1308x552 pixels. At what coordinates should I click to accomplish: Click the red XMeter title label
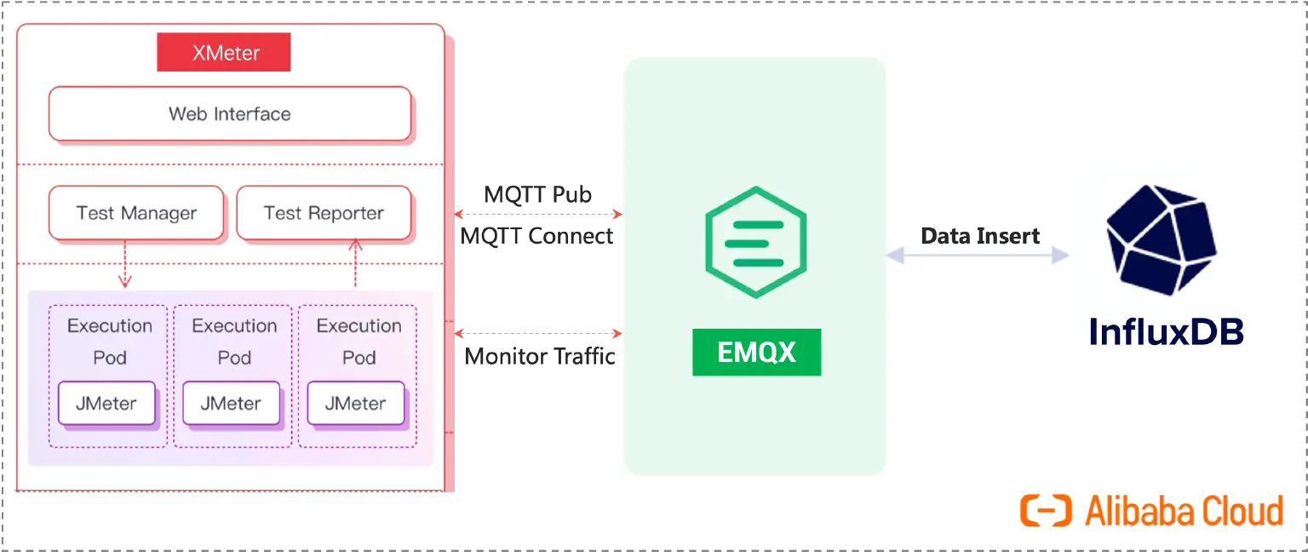(224, 53)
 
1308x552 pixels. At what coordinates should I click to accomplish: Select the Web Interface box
(230, 114)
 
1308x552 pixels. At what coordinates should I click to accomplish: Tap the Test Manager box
(136, 213)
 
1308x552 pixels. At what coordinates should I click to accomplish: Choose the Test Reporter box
(324, 213)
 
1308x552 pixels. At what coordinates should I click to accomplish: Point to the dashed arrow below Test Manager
(125, 264)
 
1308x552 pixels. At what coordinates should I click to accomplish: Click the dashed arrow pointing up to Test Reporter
(356, 264)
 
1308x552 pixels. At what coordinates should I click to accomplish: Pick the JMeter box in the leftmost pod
(106, 404)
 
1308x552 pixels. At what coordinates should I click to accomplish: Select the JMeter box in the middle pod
(231, 404)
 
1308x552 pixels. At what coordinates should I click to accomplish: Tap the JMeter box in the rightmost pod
(356, 404)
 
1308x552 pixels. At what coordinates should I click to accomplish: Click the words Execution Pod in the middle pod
(234, 342)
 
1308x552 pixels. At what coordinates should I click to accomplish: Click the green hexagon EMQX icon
(756, 241)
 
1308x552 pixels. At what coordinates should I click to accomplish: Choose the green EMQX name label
(756, 352)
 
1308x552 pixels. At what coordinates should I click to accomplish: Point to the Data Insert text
(980, 236)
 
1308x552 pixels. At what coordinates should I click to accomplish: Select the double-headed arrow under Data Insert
(978, 255)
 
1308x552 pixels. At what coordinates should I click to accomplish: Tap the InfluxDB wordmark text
(1166, 331)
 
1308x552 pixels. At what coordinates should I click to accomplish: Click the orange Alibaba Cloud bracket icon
(1045, 511)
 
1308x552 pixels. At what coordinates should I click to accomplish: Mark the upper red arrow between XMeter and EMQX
(538, 213)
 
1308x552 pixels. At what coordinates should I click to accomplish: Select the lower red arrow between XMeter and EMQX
(538, 333)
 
